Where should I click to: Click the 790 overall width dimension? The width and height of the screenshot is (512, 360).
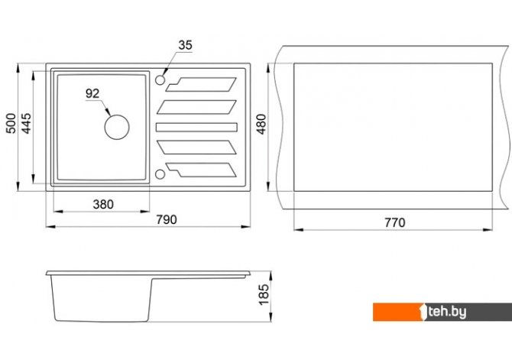[x=167, y=219]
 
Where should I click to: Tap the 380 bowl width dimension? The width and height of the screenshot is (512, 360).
[x=103, y=205]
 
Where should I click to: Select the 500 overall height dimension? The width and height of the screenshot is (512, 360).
[x=11, y=123]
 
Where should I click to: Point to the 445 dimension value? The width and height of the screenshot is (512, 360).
[x=26, y=123]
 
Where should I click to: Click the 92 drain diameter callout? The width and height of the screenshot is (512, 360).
[x=92, y=94]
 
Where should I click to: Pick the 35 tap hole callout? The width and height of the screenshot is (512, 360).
[x=185, y=45]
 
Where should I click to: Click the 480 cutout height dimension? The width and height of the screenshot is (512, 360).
[x=261, y=124]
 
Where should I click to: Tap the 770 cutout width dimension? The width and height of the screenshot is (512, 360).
[x=395, y=222]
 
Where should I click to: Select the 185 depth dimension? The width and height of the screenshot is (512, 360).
[x=264, y=295]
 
